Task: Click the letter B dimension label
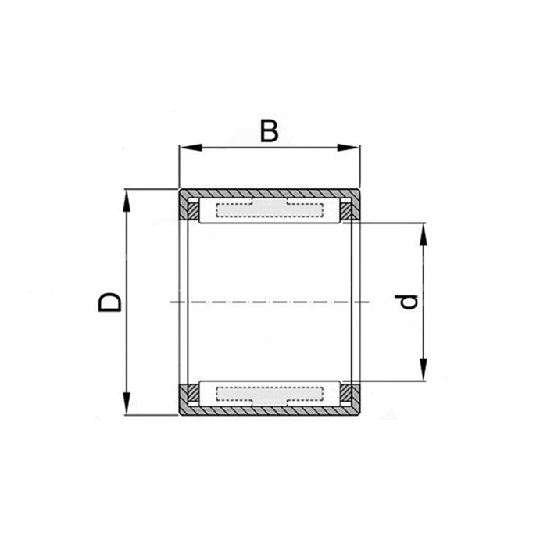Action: tap(270, 131)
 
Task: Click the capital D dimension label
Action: tap(109, 302)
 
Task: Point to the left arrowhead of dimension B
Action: tap(191, 148)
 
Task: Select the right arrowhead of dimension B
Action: tap(349, 148)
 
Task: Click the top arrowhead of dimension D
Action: tap(127, 201)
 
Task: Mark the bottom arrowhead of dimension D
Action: tap(127, 403)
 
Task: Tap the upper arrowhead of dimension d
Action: tap(424, 234)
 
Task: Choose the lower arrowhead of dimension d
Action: tap(424, 369)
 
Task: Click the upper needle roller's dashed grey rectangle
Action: tap(270, 209)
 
